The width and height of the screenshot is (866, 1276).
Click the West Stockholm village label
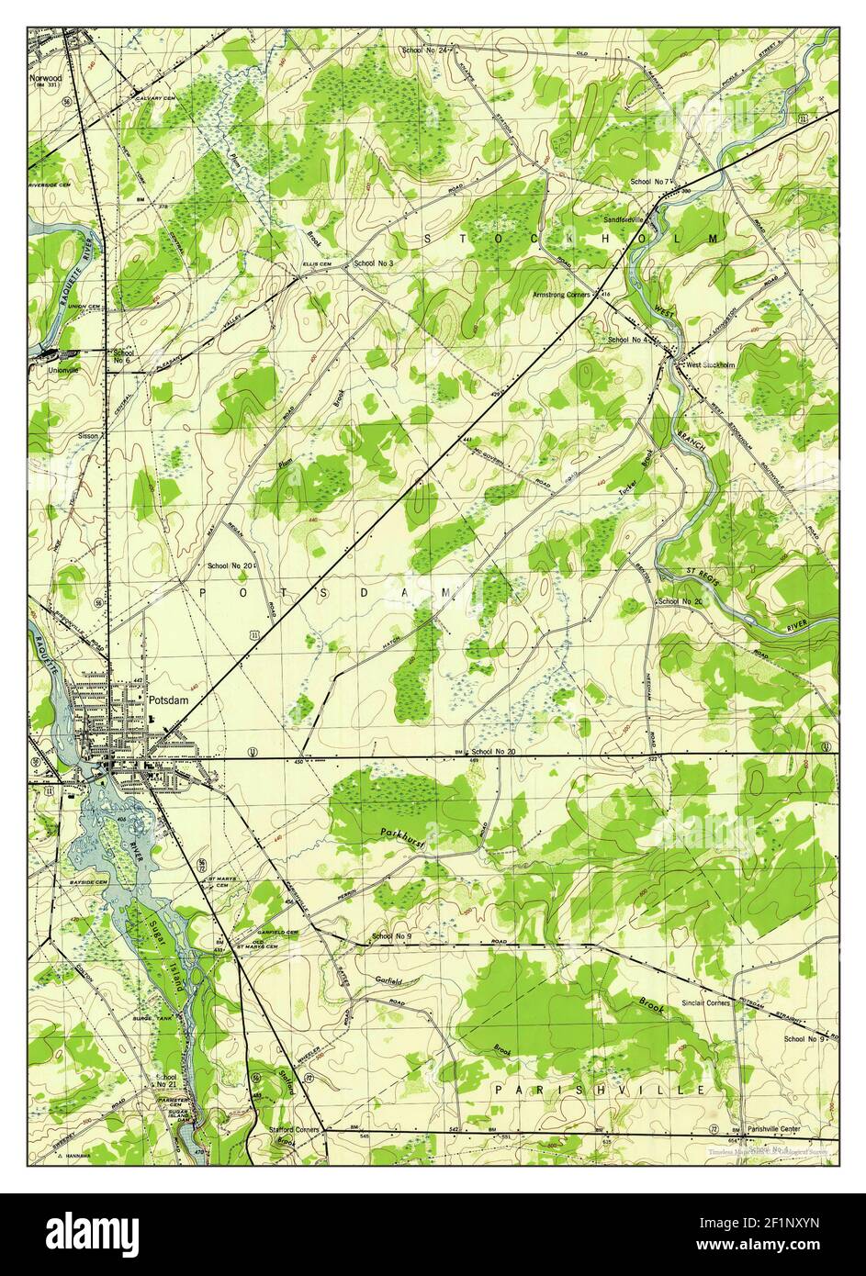coord(711,364)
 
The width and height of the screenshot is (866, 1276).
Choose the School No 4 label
coord(630,340)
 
